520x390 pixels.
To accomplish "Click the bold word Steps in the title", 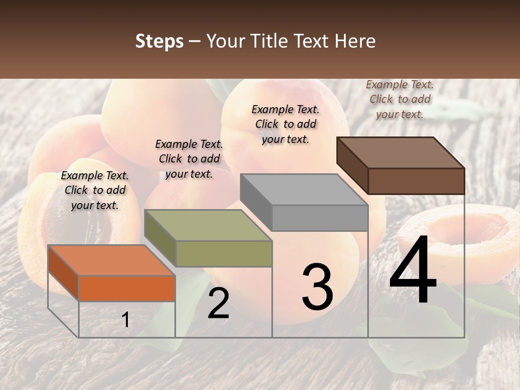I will (x=159, y=41).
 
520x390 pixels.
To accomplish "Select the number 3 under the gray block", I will (x=317, y=287).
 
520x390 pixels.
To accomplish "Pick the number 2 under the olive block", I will (x=218, y=303).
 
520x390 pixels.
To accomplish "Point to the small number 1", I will (x=126, y=320).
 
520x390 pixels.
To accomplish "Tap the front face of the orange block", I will (x=127, y=288).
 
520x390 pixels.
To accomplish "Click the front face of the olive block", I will (x=224, y=253).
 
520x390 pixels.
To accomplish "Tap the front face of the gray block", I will (x=320, y=218).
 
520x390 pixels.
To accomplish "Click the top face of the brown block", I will (x=400, y=152).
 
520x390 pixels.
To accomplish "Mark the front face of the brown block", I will (x=416, y=181).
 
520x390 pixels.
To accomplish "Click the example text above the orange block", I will (x=95, y=190).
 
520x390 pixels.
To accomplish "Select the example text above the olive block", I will (x=189, y=159).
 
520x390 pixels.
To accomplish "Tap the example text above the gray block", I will (x=285, y=124).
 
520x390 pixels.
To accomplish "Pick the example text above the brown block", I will (x=400, y=99).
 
